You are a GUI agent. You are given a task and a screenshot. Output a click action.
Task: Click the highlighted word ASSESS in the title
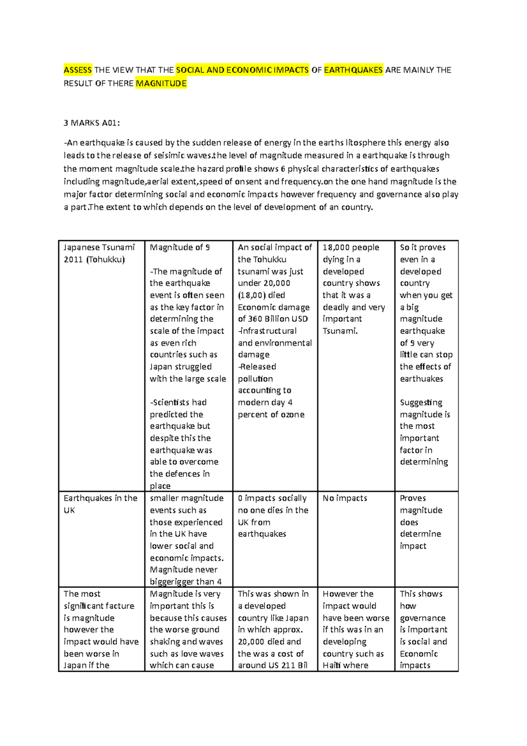78,70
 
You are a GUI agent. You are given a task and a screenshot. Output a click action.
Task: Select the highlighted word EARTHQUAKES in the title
353,70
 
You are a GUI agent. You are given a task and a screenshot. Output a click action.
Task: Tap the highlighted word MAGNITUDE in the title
161,83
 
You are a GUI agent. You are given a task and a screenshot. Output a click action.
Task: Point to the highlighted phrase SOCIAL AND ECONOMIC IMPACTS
242,70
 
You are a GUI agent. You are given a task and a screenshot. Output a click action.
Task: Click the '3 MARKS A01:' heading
92,123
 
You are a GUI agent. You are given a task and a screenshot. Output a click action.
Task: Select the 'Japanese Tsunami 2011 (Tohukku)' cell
99,253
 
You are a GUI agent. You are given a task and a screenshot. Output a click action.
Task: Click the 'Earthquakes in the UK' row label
100,504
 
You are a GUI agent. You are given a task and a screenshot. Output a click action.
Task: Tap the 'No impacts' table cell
345,498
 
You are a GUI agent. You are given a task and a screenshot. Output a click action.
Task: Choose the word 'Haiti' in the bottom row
332,665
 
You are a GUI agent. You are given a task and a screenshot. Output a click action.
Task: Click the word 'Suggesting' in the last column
421,402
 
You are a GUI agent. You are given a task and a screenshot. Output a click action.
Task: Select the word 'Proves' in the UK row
413,498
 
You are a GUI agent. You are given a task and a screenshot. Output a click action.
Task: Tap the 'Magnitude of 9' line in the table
180,247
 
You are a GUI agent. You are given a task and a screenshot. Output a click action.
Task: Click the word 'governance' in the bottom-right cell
422,618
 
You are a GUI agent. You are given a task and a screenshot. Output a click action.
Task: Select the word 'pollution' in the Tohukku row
255,379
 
